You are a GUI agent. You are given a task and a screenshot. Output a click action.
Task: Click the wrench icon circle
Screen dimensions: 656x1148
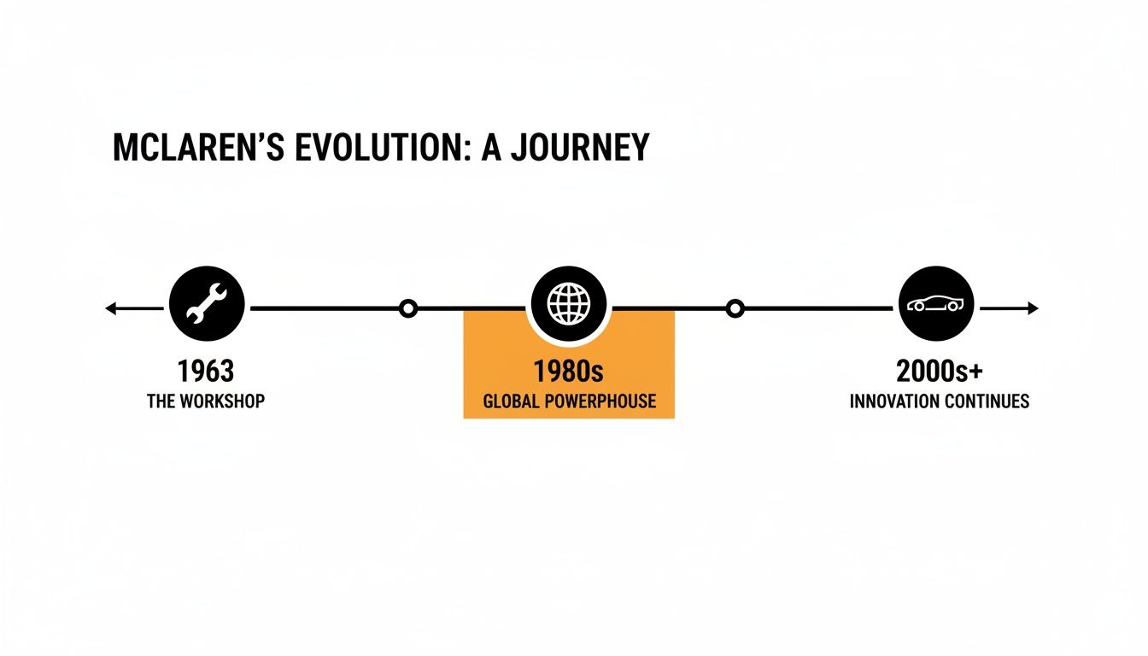(207, 303)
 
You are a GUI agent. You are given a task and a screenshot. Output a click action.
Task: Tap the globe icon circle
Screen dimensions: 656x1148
(568, 303)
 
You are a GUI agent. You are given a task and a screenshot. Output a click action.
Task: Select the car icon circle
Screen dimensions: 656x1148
(937, 303)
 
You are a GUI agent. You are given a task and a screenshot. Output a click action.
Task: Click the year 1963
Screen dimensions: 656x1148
(206, 372)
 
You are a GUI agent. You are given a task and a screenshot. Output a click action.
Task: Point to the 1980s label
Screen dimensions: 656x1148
(568, 372)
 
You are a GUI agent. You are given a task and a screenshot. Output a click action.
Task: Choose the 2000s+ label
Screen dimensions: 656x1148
(940, 372)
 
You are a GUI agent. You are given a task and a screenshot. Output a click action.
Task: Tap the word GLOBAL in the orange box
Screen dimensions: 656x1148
(511, 401)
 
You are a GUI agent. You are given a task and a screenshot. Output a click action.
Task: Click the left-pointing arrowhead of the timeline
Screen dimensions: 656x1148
(110, 308)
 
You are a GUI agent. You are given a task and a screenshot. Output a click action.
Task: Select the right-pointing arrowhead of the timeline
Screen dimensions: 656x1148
(1034, 308)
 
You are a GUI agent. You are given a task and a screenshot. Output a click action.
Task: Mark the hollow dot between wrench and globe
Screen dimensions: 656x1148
(409, 308)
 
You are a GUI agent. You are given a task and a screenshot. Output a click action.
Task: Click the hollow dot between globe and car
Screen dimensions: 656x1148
(735, 308)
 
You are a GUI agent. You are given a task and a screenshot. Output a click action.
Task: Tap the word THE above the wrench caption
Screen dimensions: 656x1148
(161, 401)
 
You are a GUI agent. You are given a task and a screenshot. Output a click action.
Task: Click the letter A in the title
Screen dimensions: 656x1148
(490, 148)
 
